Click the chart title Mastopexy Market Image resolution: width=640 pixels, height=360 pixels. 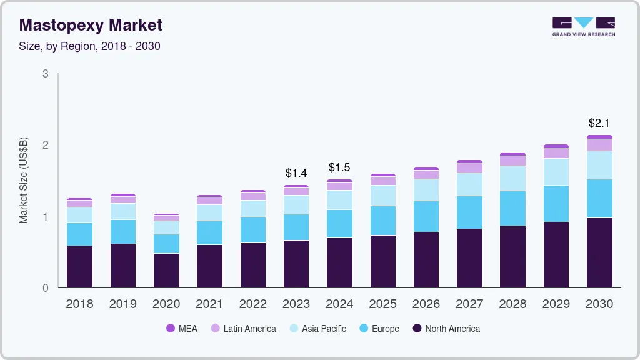(91, 25)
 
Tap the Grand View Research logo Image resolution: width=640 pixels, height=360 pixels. (583, 26)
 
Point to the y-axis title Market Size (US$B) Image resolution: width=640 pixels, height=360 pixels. (24, 180)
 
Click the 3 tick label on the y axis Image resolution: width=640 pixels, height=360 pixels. (46, 74)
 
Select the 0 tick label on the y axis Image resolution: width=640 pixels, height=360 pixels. (46, 288)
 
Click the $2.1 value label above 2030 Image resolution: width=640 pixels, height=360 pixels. (599, 123)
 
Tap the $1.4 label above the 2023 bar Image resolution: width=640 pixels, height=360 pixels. (296, 173)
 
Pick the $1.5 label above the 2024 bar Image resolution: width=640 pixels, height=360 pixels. (339, 167)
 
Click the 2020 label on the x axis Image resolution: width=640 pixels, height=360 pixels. (166, 304)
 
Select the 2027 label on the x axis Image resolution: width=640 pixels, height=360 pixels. (469, 304)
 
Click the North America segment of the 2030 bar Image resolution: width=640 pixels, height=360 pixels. (599, 252)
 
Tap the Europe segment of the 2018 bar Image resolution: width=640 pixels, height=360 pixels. (80, 234)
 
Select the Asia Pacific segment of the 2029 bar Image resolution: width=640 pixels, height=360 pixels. (556, 172)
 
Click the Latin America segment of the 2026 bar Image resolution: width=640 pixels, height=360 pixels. (426, 174)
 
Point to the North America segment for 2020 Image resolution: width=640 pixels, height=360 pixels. (166, 271)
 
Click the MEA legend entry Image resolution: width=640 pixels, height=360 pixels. (182, 329)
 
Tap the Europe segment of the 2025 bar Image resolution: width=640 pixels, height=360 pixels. (382, 221)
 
